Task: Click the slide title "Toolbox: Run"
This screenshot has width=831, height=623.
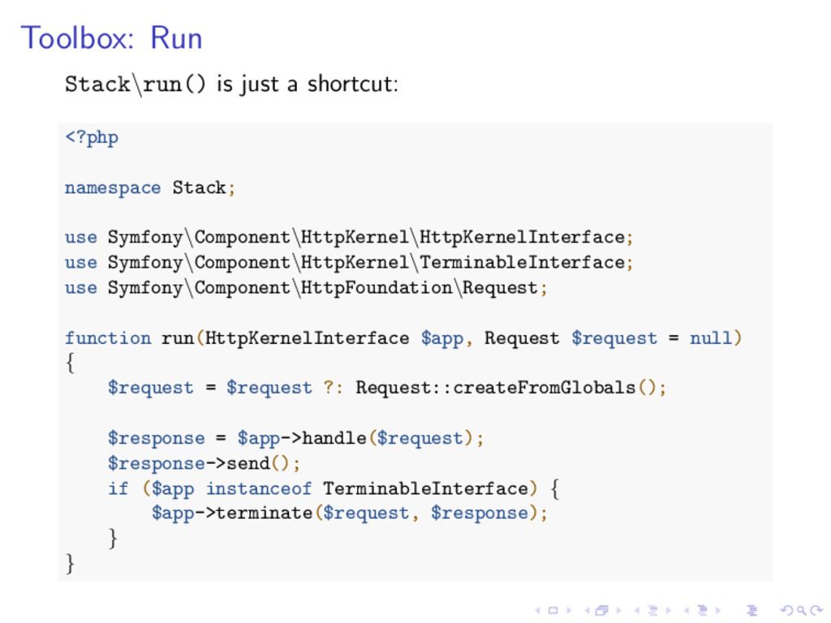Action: (x=111, y=38)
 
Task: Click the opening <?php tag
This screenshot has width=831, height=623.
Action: (x=92, y=138)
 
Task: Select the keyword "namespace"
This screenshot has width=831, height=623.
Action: (x=113, y=188)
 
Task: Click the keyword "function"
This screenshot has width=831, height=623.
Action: (x=108, y=338)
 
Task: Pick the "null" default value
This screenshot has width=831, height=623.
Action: (x=711, y=338)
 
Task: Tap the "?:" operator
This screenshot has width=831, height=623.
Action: (x=334, y=388)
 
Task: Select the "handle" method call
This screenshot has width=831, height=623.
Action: (x=334, y=438)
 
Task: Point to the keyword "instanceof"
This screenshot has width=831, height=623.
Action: (x=258, y=488)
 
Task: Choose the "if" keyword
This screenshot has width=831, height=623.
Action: (x=118, y=488)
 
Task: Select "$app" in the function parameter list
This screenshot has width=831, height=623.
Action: (x=441, y=338)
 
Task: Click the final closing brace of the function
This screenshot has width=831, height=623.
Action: (x=70, y=563)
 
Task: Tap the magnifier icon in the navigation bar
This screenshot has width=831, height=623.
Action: (x=787, y=611)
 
